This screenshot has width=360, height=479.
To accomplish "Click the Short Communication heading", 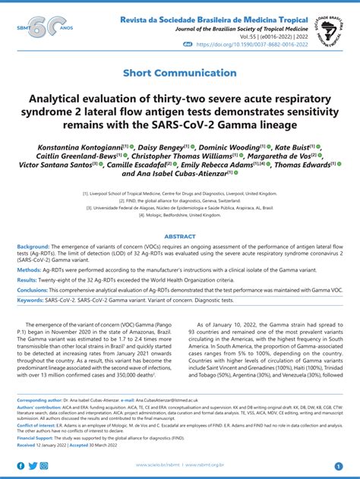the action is click(x=180, y=74).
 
